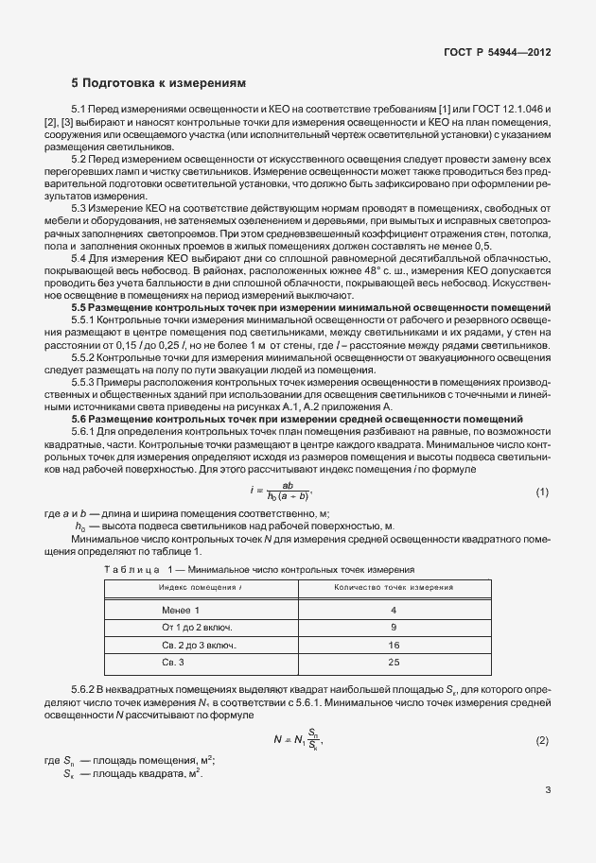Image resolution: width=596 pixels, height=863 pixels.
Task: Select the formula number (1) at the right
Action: [x=542, y=492]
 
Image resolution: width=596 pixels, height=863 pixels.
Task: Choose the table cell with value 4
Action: [x=393, y=610]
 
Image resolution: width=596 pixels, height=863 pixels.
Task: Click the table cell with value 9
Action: [x=393, y=627]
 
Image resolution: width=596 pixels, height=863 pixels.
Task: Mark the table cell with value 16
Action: [x=393, y=645]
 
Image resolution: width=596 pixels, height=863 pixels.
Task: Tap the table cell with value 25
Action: [x=393, y=662]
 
